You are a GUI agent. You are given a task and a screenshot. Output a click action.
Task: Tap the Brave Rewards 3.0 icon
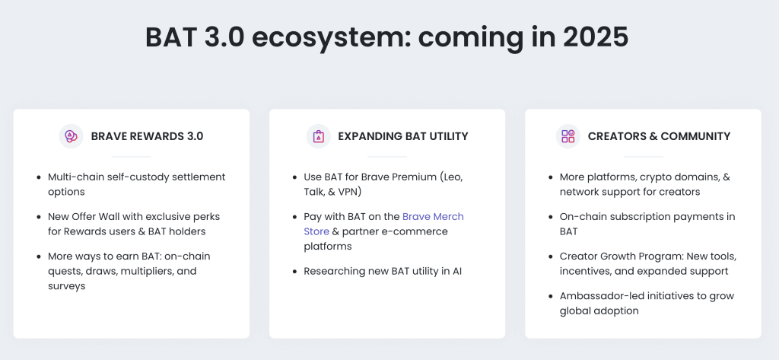point(71,136)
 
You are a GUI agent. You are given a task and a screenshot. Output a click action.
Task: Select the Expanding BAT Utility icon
point(318,136)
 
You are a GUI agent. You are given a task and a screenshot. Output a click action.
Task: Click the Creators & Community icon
point(568,136)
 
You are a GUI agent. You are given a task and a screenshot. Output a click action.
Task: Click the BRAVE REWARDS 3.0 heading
point(147,136)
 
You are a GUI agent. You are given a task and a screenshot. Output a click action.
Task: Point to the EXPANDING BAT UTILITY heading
point(402,136)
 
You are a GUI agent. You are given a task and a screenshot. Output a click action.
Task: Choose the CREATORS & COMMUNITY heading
point(659,136)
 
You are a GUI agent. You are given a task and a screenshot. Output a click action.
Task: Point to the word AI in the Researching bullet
point(459,271)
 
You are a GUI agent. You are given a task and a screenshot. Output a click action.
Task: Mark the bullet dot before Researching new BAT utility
point(294,272)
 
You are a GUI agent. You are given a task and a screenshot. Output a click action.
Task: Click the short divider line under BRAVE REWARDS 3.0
point(131,157)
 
